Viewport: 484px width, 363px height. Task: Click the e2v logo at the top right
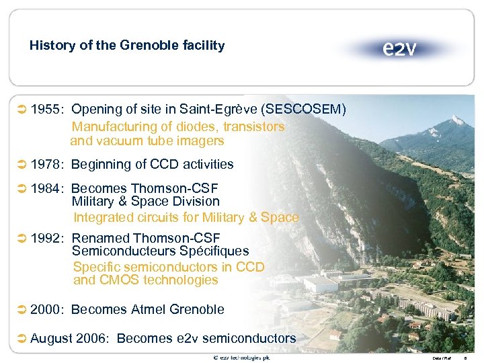point(399,48)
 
